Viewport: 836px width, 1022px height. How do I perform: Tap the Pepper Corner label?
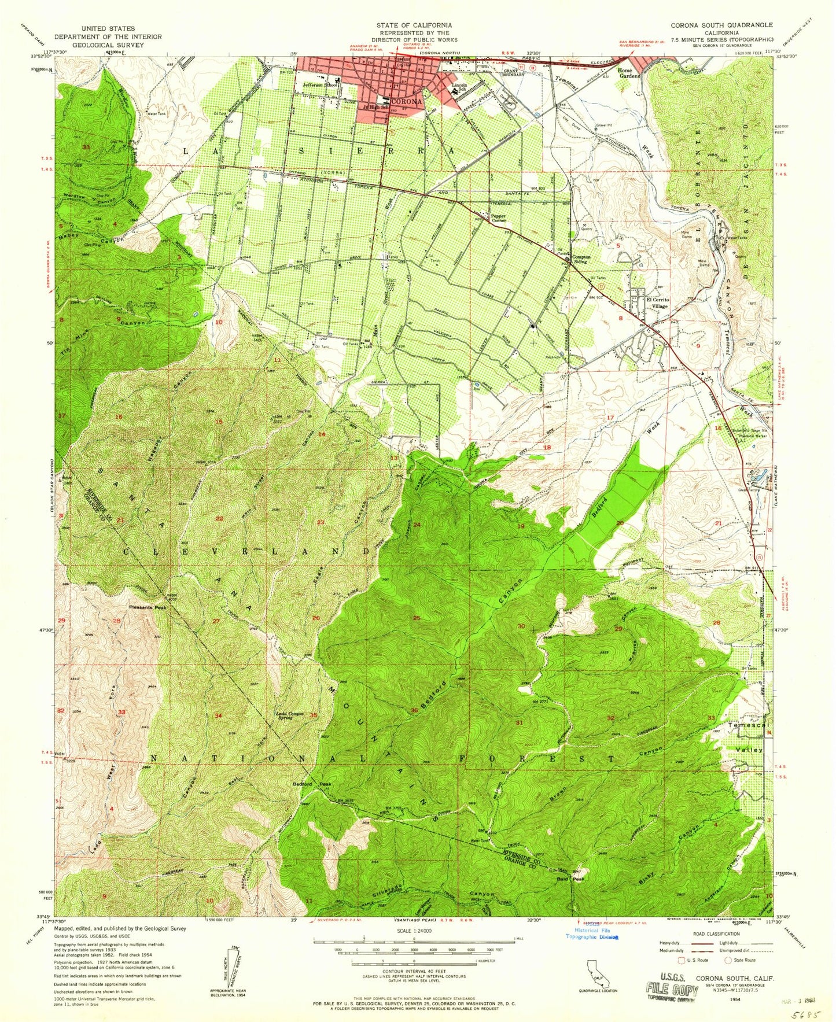pyautogui.click(x=499, y=217)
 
